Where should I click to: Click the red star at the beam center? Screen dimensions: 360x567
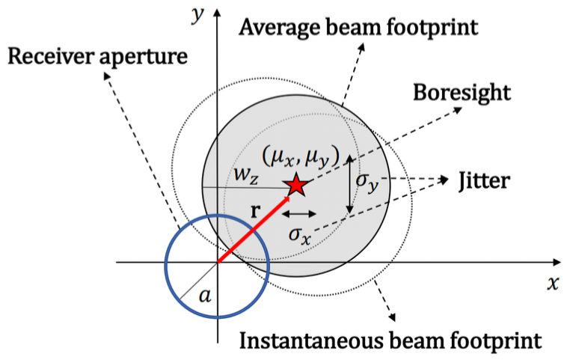point(297,185)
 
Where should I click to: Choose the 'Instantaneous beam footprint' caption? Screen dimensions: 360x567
point(389,341)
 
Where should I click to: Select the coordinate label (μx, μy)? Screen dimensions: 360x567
point(301,158)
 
